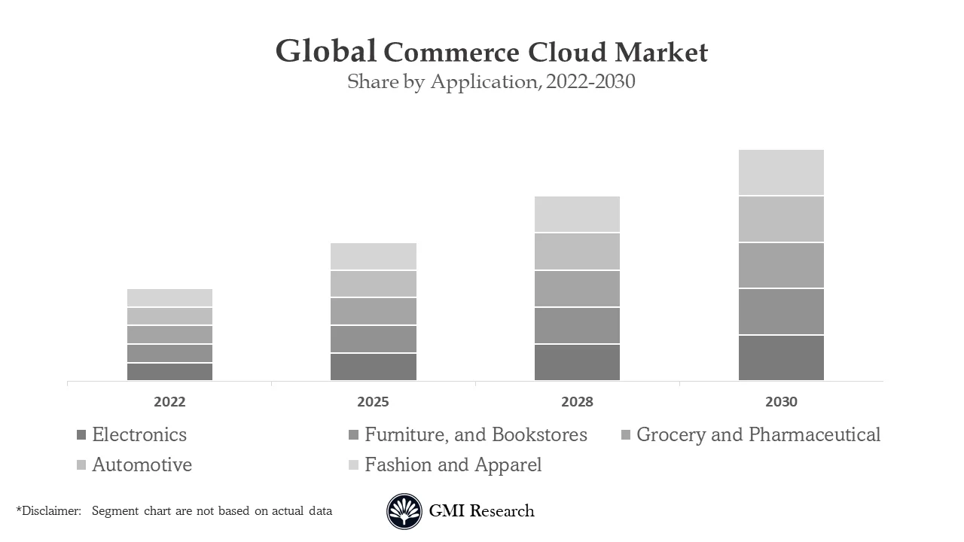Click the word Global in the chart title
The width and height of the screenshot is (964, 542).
pyautogui.click(x=325, y=51)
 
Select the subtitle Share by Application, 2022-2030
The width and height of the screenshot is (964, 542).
pyautogui.click(x=491, y=81)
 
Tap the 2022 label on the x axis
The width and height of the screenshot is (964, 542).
pyautogui.click(x=169, y=402)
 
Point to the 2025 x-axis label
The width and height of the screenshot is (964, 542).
pyautogui.click(x=373, y=402)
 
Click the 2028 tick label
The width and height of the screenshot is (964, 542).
pyautogui.click(x=577, y=402)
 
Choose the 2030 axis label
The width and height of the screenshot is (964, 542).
pyautogui.click(x=781, y=402)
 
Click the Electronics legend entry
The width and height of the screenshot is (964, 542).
pyautogui.click(x=139, y=435)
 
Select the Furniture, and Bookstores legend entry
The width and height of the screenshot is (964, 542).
pyautogui.click(x=475, y=435)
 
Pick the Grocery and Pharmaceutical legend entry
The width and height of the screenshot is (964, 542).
pyautogui.click(x=758, y=435)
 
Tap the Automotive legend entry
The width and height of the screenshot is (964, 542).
pyautogui.click(x=142, y=465)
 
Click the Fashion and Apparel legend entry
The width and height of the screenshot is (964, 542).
pyautogui.click(x=453, y=465)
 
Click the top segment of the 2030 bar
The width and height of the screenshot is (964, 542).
pyautogui.click(x=781, y=172)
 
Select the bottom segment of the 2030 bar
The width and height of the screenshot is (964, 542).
pyautogui.click(x=781, y=358)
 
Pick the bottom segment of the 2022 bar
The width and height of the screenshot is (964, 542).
pyautogui.click(x=169, y=372)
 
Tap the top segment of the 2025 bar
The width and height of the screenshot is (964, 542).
pyautogui.click(x=373, y=256)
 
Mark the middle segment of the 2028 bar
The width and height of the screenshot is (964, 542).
pyautogui.click(x=577, y=288)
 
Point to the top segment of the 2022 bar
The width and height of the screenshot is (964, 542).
pyautogui.click(x=169, y=297)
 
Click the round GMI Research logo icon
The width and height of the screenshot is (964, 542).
pyautogui.click(x=404, y=512)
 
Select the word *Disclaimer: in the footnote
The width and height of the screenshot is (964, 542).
pyautogui.click(x=48, y=511)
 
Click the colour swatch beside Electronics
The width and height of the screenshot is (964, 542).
pyautogui.click(x=81, y=435)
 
